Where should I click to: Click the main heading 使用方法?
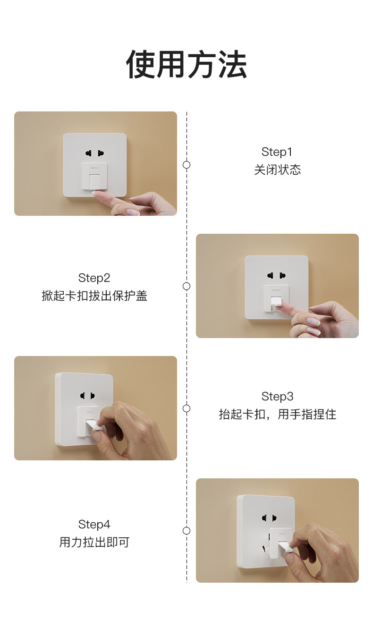[x=186, y=64]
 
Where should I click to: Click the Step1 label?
[x=277, y=152]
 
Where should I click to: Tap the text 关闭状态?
[x=278, y=170]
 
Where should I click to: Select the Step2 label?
[x=94, y=278]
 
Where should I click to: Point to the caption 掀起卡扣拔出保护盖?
[x=94, y=296]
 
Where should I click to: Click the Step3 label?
[x=277, y=397]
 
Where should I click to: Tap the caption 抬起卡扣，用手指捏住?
[x=278, y=415]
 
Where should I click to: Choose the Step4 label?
[x=94, y=524]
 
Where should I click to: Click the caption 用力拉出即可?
[x=94, y=542]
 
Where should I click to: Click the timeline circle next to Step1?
[x=186, y=165]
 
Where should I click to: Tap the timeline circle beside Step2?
[x=186, y=286]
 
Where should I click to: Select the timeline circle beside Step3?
[x=186, y=408]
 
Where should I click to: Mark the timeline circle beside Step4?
[x=186, y=531]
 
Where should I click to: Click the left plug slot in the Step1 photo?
[x=89, y=153]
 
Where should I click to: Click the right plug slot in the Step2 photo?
[x=282, y=276]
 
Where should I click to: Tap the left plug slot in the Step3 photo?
[x=83, y=396]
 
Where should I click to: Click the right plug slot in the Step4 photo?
[x=275, y=518]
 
